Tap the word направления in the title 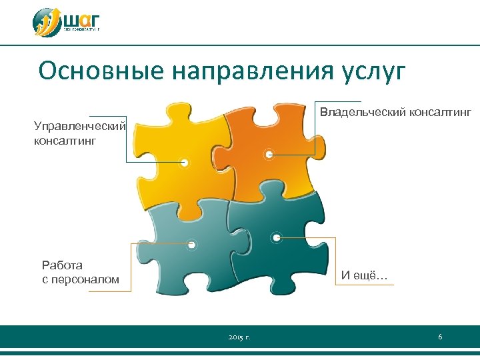coord(254,71)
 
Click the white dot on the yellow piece coord(185,162)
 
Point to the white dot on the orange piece coord(269,154)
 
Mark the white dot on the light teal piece coord(191,245)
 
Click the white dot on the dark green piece coord(276,237)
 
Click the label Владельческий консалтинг coord(395,112)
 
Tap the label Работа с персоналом coord(80,273)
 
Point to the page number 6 coord(440,337)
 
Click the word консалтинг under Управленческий coord(65,141)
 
